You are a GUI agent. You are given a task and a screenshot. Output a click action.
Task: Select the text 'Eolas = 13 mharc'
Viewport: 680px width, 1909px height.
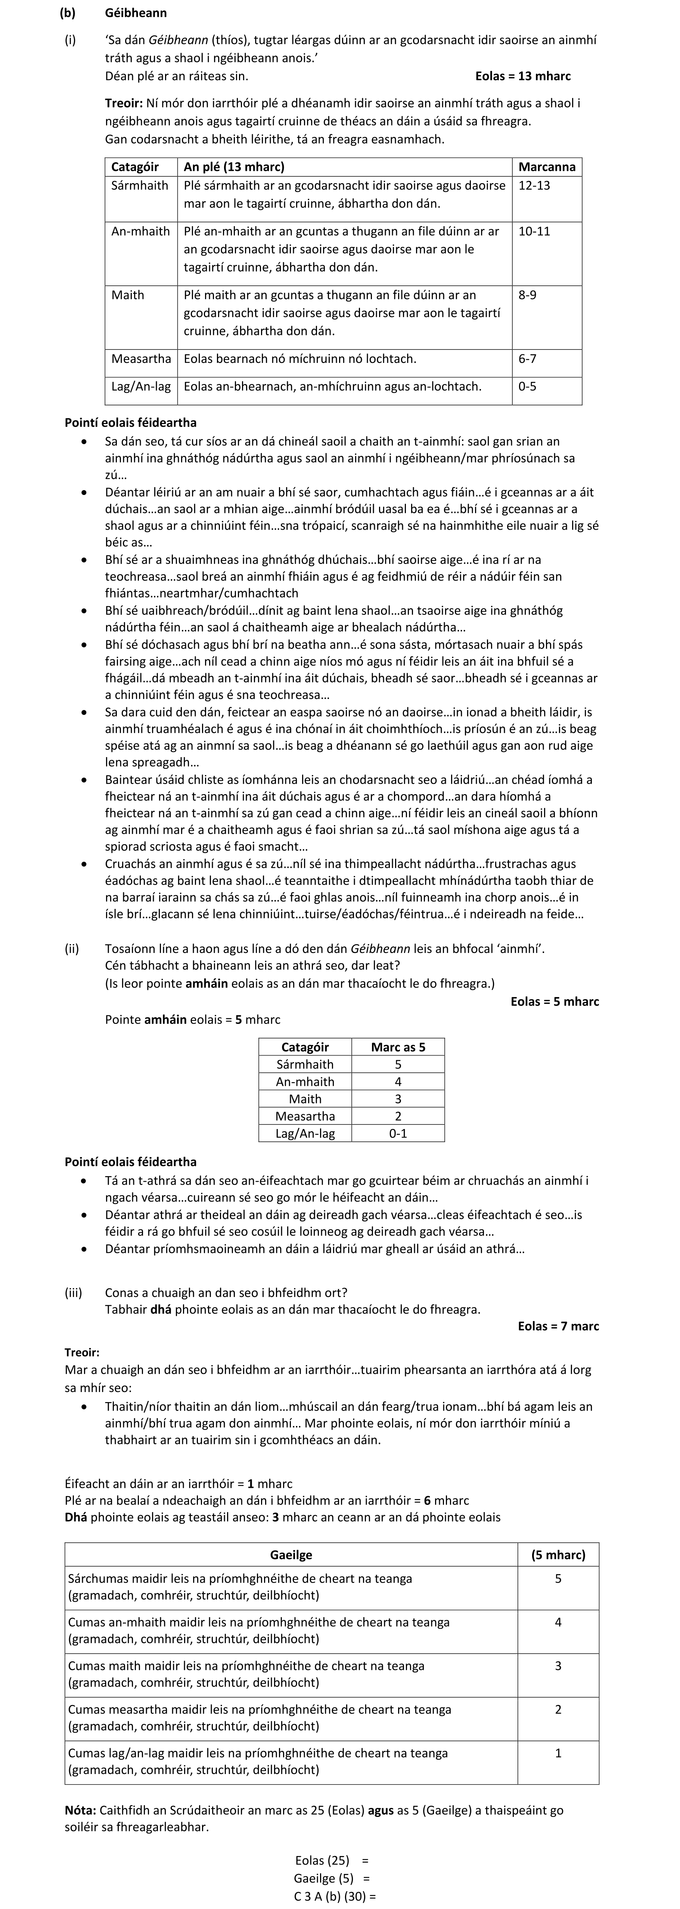point(523,76)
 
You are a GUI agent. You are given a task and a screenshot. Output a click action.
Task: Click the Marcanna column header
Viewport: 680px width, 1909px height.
point(547,167)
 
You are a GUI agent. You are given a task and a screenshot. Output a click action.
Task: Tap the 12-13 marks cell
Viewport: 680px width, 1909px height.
point(535,185)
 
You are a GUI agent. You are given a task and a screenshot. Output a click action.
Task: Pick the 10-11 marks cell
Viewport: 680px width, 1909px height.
point(535,231)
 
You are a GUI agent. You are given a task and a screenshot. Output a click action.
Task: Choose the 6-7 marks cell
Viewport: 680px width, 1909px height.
point(528,359)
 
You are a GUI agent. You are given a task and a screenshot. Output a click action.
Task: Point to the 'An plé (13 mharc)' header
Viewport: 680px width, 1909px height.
point(235,167)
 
